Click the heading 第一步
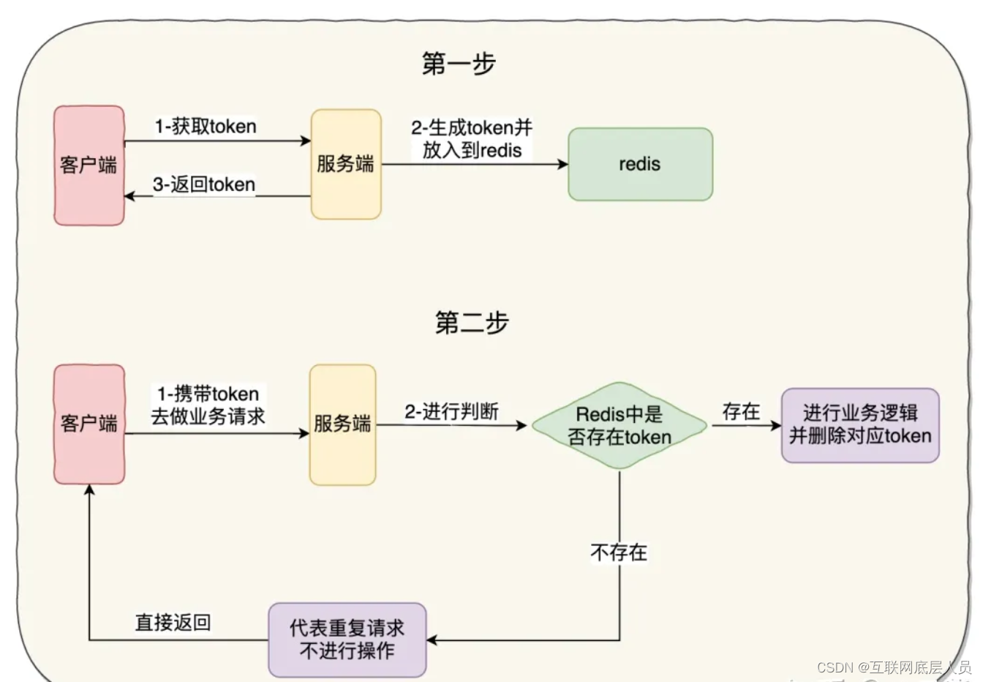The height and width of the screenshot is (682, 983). [x=459, y=64]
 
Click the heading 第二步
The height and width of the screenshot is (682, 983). [x=472, y=323]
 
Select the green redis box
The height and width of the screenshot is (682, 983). [x=640, y=164]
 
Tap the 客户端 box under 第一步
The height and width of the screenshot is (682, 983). [x=88, y=165]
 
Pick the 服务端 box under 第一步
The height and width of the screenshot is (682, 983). [x=345, y=164]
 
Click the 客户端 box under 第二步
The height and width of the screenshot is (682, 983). [x=88, y=424]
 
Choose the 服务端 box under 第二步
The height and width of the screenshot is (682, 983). [x=342, y=424]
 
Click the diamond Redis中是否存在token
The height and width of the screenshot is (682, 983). [x=619, y=425]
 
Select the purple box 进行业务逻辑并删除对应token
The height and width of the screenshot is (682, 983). [x=859, y=425]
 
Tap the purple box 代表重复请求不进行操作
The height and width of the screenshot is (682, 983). [x=347, y=640]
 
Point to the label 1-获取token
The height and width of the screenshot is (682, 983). [x=206, y=127]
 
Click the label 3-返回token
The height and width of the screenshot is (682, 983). [x=204, y=184]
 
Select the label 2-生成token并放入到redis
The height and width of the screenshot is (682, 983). [x=472, y=139]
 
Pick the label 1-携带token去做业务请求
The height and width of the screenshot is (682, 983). [x=208, y=405]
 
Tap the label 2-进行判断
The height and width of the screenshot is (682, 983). [x=451, y=412]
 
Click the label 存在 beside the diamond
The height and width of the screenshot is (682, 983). [x=741, y=412]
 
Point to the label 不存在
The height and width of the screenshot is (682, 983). [x=619, y=552]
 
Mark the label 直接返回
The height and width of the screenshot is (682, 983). [x=173, y=623]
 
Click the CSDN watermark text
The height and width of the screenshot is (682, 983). [x=894, y=667]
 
